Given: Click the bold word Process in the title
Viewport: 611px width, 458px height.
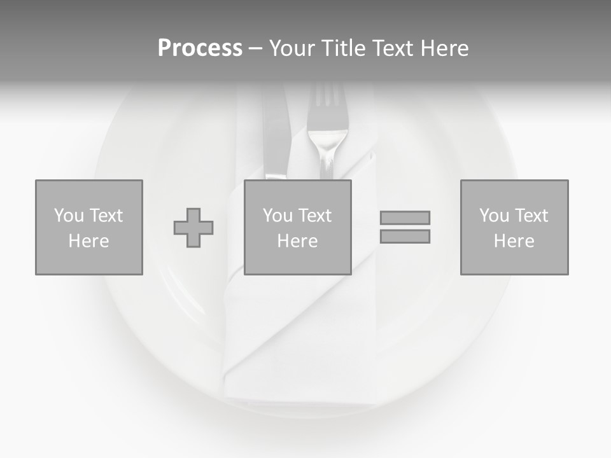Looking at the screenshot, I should point(200,48).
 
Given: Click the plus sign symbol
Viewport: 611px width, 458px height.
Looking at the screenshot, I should point(193,228).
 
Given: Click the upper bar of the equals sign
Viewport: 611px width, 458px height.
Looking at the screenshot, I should point(405,218).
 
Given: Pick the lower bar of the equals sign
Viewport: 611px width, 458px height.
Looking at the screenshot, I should point(405,237).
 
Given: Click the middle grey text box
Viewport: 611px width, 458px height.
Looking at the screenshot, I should point(298,261).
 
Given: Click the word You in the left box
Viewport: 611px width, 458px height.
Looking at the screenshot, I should point(69,216).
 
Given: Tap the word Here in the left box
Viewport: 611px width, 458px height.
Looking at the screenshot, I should point(88,241).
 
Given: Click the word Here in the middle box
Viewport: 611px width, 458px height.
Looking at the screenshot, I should point(297,241).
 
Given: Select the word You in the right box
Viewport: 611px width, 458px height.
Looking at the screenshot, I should point(494,216).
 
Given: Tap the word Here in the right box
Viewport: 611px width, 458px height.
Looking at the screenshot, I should point(514,241).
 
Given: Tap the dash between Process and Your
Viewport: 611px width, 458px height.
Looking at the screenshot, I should point(255,48).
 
